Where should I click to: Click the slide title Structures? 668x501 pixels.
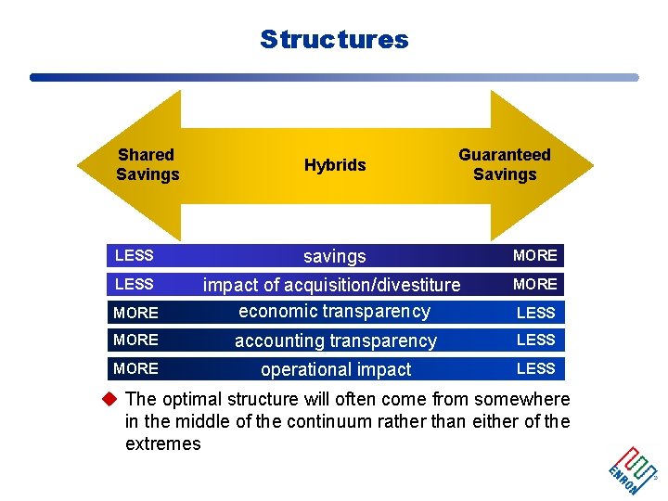pyautogui.click(x=334, y=39)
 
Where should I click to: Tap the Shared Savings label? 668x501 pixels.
pyautogui.click(x=148, y=164)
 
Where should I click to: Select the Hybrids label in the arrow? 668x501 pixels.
pyautogui.click(x=335, y=165)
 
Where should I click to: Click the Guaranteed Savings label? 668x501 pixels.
pyautogui.click(x=505, y=164)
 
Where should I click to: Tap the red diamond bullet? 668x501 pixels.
pyautogui.click(x=109, y=400)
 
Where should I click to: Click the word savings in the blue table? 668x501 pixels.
pyautogui.click(x=335, y=256)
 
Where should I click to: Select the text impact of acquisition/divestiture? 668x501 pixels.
pyautogui.click(x=331, y=284)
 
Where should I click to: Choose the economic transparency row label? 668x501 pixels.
pyautogui.click(x=334, y=312)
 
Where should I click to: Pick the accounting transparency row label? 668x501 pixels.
pyautogui.click(x=335, y=340)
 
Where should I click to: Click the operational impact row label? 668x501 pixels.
pyautogui.click(x=335, y=369)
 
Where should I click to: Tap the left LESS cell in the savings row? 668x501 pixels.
pyautogui.click(x=135, y=254)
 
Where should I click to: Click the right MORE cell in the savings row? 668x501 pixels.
pyautogui.click(x=535, y=255)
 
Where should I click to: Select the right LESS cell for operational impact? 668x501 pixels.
pyautogui.click(x=535, y=368)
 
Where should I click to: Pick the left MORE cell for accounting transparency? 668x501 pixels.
pyautogui.click(x=135, y=340)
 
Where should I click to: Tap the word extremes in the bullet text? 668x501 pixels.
pyautogui.click(x=162, y=444)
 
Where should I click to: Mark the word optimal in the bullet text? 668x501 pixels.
pyautogui.click(x=188, y=400)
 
